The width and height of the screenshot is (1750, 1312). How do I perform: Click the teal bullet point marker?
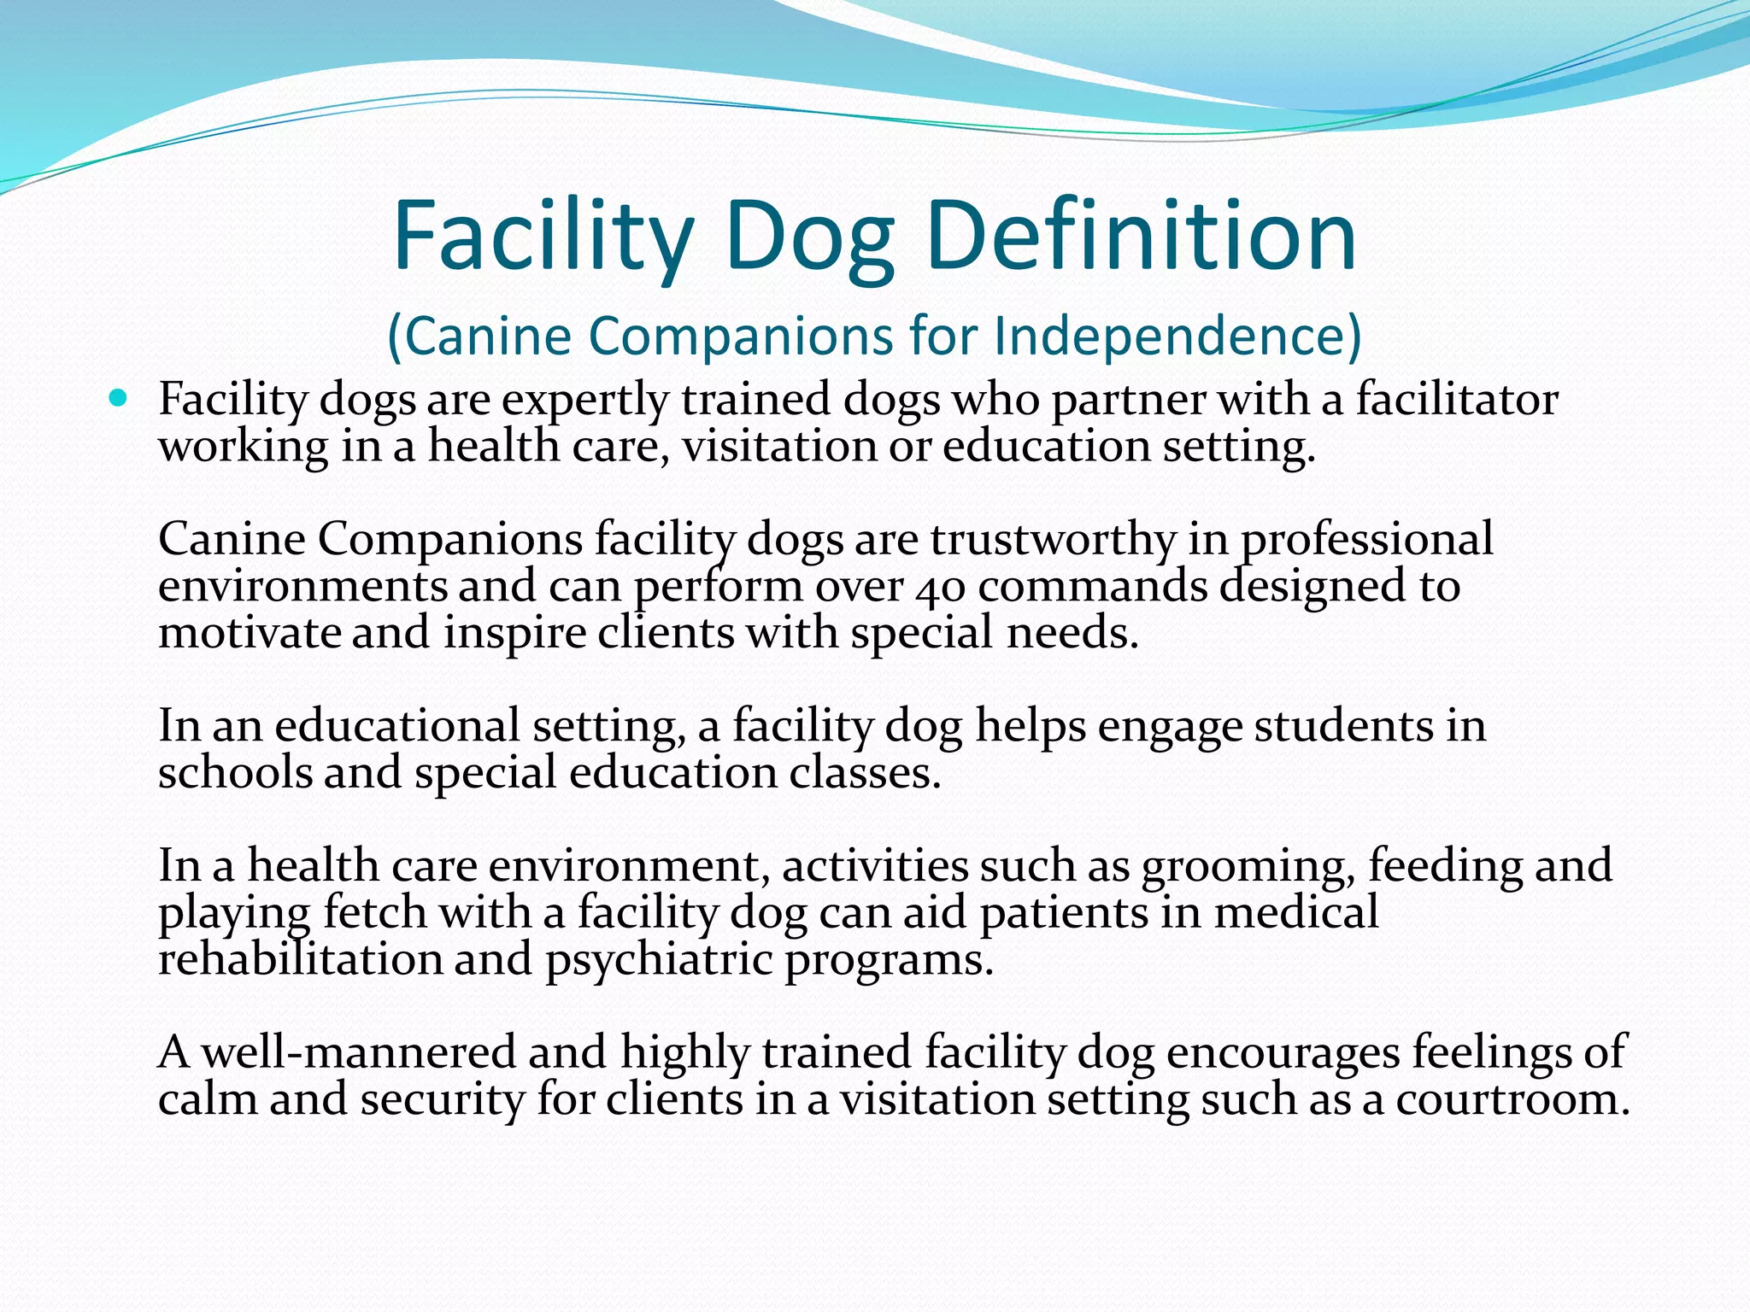point(118,397)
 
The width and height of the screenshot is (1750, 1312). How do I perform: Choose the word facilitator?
point(1457,400)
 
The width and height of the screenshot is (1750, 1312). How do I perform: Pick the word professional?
point(1366,540)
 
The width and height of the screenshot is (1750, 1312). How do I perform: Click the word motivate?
point(250,633)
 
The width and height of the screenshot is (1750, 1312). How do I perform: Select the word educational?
point(396,726)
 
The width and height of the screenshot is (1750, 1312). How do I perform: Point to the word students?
point(1342,726)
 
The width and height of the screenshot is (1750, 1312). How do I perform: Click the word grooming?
point(1247,866)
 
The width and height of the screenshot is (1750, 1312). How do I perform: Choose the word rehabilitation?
point(300,958)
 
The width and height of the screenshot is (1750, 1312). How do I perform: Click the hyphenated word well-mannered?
point(359,1051)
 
